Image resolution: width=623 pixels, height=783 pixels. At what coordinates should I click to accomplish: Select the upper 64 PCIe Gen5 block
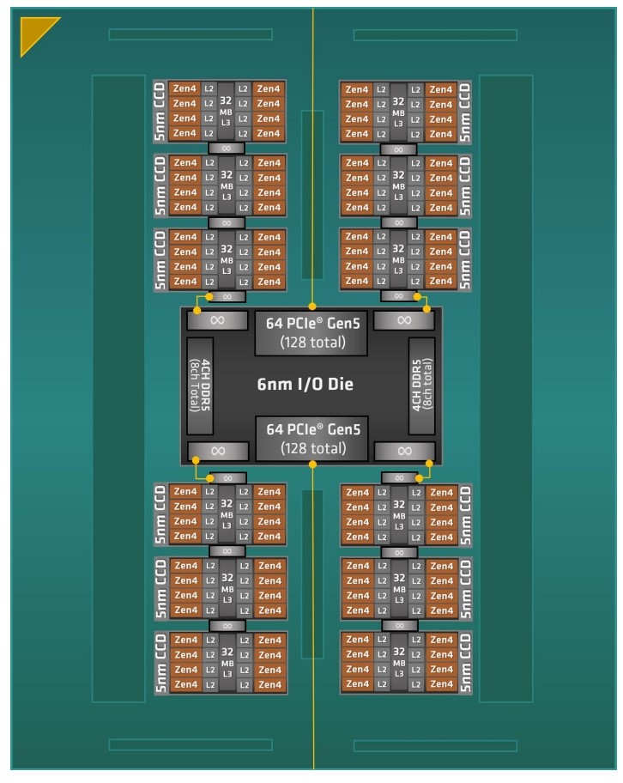[312, 334]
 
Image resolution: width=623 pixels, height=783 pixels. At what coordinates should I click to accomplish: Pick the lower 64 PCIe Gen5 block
[312, 439]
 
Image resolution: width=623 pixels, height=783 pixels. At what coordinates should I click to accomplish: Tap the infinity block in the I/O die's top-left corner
[217, 320]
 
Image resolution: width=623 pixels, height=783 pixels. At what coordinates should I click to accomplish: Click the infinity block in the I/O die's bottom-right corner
[404, 451]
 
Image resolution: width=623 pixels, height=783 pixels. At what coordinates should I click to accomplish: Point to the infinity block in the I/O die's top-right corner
[404, 320]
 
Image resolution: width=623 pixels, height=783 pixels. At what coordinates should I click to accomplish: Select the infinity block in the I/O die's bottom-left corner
[217, 451]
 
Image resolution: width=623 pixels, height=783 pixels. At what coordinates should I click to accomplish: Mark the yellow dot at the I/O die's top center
[313, 307]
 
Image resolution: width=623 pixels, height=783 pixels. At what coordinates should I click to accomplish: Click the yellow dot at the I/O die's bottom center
[312, 464]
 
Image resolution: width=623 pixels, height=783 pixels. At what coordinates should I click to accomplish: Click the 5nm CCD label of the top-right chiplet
[464, 112]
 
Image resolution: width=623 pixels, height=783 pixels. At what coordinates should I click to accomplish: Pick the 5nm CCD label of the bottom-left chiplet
[160, 662]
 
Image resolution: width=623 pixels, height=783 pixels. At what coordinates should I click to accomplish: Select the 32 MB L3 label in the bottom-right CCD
[398, 662]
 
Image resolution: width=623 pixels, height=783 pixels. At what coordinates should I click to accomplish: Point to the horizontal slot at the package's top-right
[435, 35]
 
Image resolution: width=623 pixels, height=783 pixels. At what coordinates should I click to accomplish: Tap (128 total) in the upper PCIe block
[312, 343]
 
